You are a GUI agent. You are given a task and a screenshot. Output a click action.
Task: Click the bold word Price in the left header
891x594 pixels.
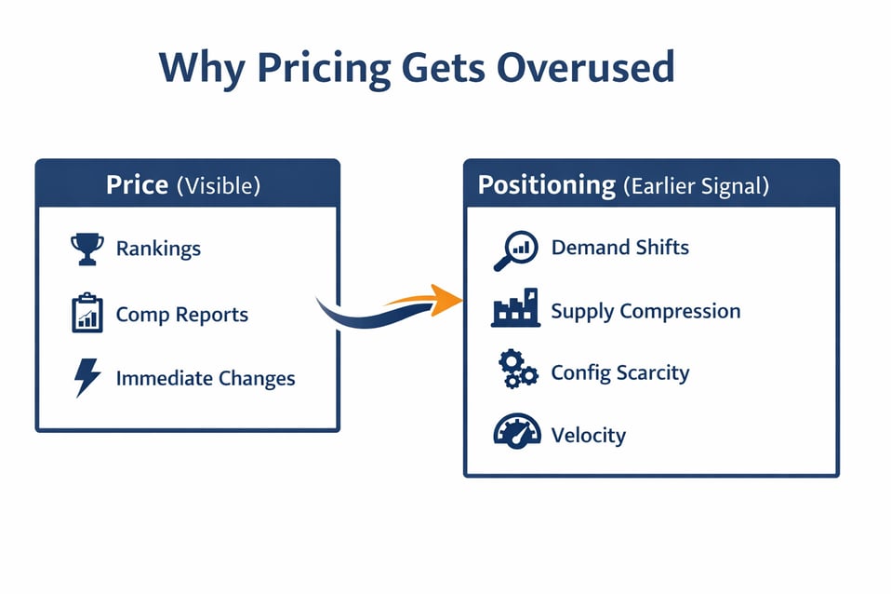(137, 184)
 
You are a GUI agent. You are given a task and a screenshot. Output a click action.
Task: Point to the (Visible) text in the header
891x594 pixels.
(219, 185)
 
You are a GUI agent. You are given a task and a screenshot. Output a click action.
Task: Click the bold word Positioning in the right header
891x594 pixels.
(547, 185)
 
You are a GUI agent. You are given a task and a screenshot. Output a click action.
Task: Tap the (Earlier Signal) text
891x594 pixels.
(697, 186)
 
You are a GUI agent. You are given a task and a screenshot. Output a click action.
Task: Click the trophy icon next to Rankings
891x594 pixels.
(86, 249)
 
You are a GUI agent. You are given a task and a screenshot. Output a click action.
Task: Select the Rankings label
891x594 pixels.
(158, 249)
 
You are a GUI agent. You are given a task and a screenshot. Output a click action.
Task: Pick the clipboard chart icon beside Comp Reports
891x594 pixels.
(86, 314)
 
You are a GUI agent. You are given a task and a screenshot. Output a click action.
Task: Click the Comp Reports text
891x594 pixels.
(181, 315)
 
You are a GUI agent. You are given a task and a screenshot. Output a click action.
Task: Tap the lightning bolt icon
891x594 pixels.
(86, 378)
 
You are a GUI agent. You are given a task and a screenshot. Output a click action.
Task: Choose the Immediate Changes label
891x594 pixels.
(206, 379)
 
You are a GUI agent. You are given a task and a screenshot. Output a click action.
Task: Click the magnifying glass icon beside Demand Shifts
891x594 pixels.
(514, 250)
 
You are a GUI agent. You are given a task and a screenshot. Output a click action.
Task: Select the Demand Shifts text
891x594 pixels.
(619, 248)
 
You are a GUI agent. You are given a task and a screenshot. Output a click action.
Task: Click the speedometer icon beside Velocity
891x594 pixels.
(516, 432)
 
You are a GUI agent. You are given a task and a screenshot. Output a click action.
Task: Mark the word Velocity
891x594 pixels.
(588, 435)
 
